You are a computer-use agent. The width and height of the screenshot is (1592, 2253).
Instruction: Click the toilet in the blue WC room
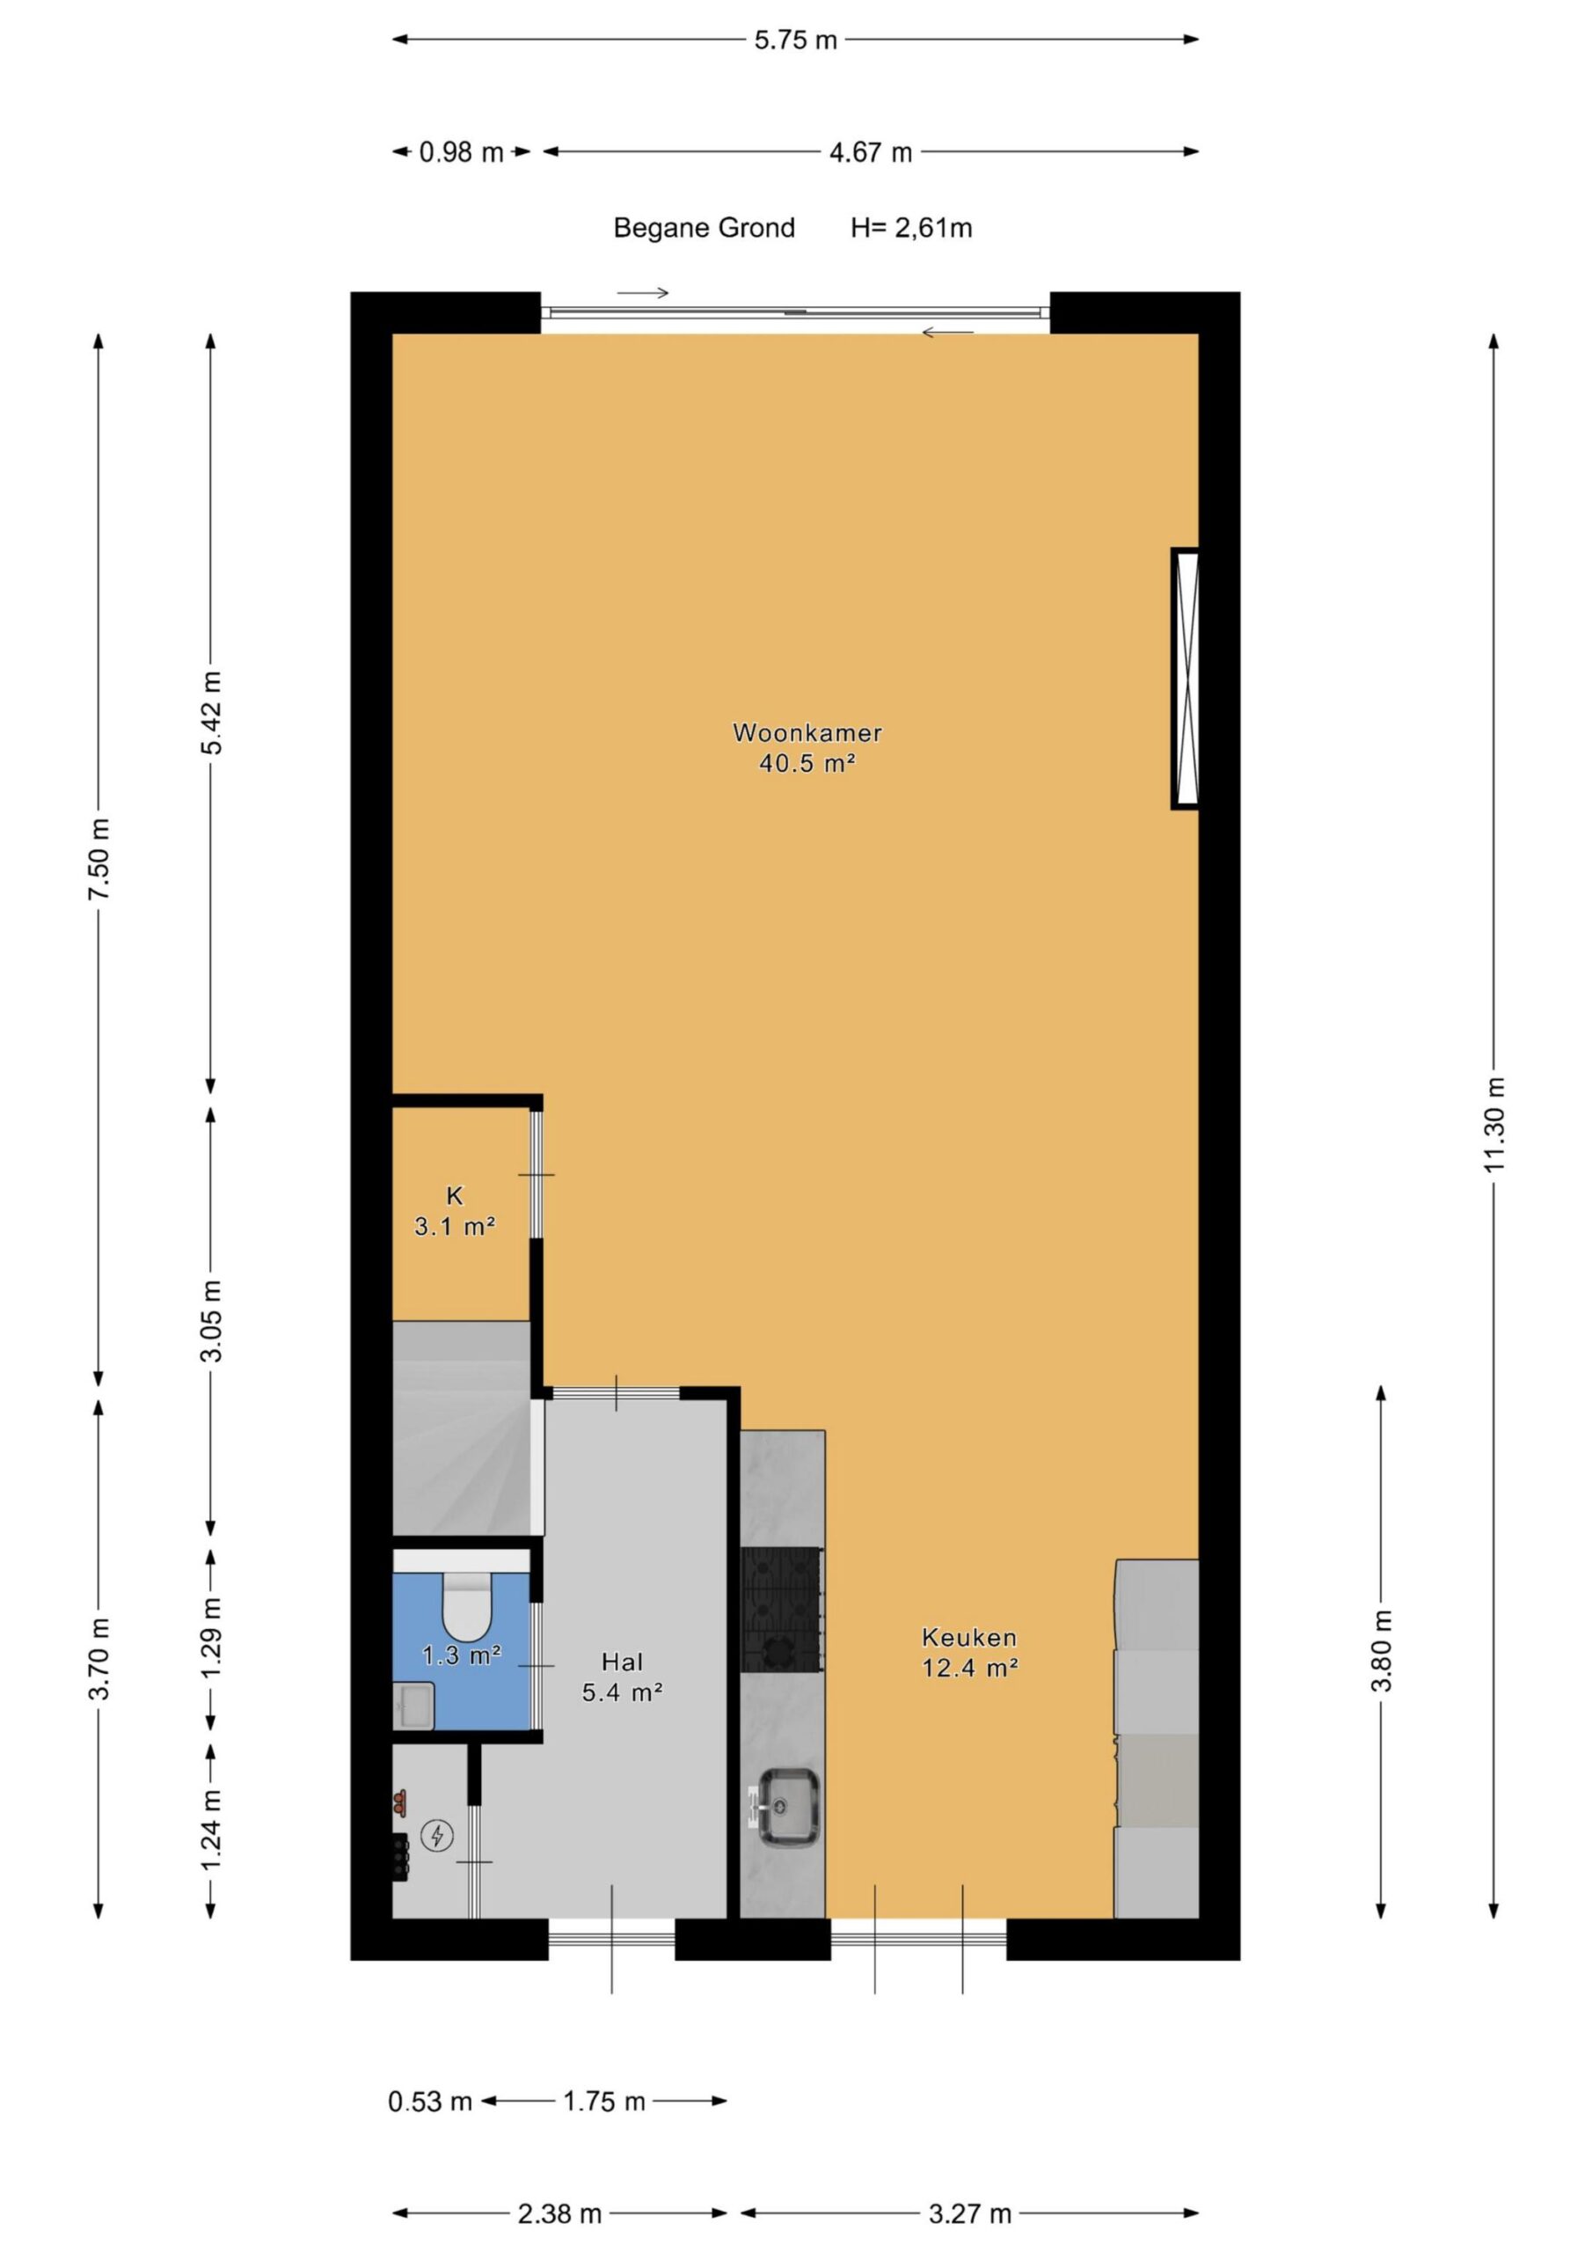[x=466, y=1606]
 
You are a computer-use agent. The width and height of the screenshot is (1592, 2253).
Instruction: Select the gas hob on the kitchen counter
[x=782, y=1610]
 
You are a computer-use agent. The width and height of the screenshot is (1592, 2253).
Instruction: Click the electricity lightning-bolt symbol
[x=436, y=1835]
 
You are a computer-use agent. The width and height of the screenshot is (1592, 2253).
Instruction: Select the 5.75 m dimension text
[x=795, y=40]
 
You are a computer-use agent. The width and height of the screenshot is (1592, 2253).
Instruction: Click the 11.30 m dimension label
[x=1493, y=1124]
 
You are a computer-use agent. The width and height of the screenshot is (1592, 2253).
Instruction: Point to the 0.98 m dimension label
[x=461, y=152]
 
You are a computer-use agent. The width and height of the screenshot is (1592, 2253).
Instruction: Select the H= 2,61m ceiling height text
[x=911, y=229]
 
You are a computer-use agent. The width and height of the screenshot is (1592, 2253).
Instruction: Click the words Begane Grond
[x=704, y=229]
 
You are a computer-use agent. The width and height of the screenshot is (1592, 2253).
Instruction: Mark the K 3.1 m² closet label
[x=454, y=1211]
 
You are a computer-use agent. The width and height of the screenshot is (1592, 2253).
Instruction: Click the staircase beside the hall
[x=468, y=1427]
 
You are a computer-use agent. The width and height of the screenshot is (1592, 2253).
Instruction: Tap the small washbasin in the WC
[x=414, y=1705]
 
